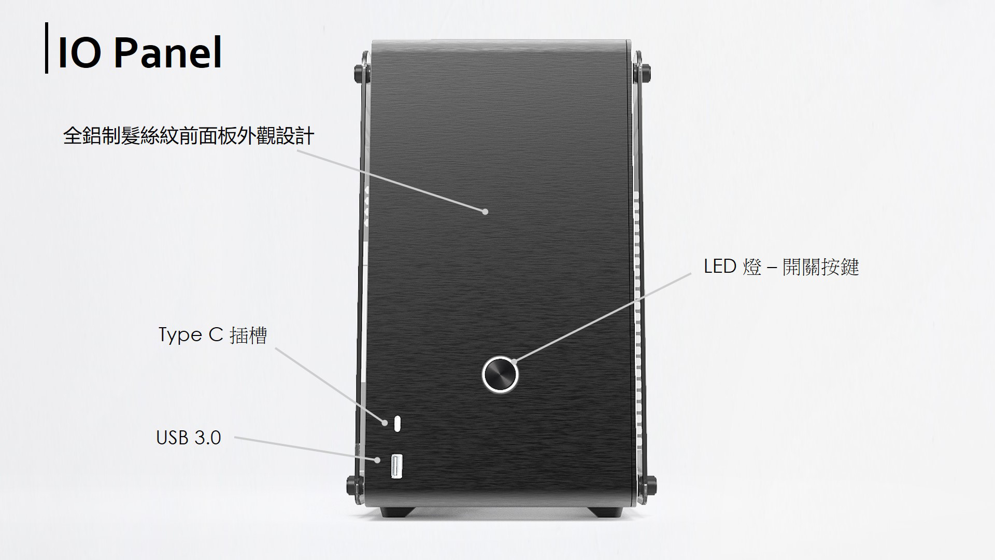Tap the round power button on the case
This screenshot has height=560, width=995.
click(x=500, y=374)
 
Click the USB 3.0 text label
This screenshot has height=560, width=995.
click(x=189, y=438)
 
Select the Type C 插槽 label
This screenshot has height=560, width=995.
click(x=212, y=335)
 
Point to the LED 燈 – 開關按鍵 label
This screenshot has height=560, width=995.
click(x=781, y=267)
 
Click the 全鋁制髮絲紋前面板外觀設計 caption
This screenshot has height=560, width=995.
click(x=189, y=136)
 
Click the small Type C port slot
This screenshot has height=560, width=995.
click(x=397, y=423)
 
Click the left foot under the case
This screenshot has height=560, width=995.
click(x=397, y=511)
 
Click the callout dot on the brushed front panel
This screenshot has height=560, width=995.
click(x=485, y=211)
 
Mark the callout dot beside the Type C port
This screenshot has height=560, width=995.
click(x=385, y=423)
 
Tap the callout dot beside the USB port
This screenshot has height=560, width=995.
click(x=378, y=459)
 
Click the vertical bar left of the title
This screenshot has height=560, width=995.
click(x=47, y=48)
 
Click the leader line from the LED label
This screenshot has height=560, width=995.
click(x=602, y=317)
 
